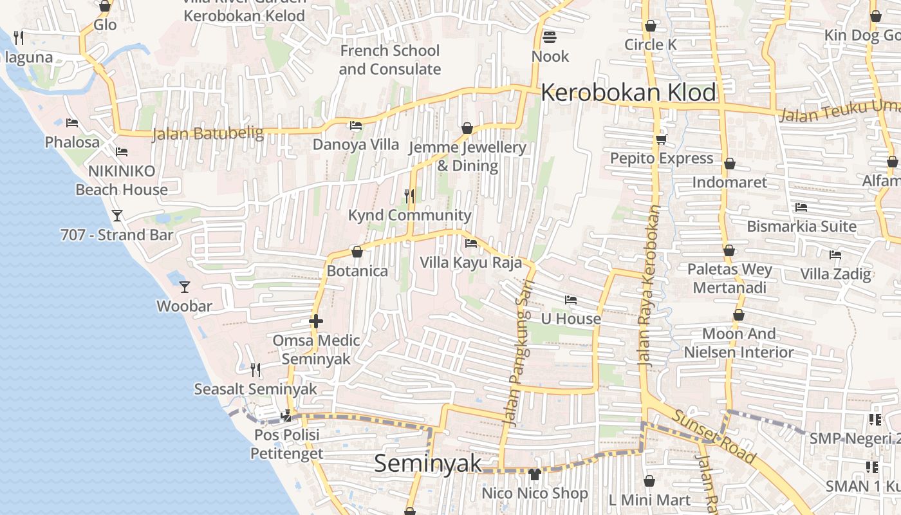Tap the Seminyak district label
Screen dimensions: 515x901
coord(427,464)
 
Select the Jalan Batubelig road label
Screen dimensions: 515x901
coord(208,134)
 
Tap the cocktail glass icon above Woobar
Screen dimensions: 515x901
coord(185,286)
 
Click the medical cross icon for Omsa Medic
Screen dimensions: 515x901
coord(315,321)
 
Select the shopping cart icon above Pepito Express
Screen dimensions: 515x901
coord(661,139)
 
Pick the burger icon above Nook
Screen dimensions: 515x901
coord(550,37)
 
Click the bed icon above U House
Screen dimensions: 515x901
coord(570,299)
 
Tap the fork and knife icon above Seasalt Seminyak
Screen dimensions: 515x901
coord(255,370)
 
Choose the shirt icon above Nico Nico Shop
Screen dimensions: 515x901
coord(534,474)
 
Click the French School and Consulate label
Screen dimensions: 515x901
coord(389,60)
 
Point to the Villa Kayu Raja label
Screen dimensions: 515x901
coord(470,263)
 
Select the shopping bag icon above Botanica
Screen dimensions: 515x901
coord(357,252)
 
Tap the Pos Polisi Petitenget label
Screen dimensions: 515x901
coord(286,444)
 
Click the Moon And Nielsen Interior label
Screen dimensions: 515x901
coord(738,343)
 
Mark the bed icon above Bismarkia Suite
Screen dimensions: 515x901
coord(801,207)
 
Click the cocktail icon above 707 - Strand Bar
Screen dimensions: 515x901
coord(116,216)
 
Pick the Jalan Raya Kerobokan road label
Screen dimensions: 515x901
coord(650,286)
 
